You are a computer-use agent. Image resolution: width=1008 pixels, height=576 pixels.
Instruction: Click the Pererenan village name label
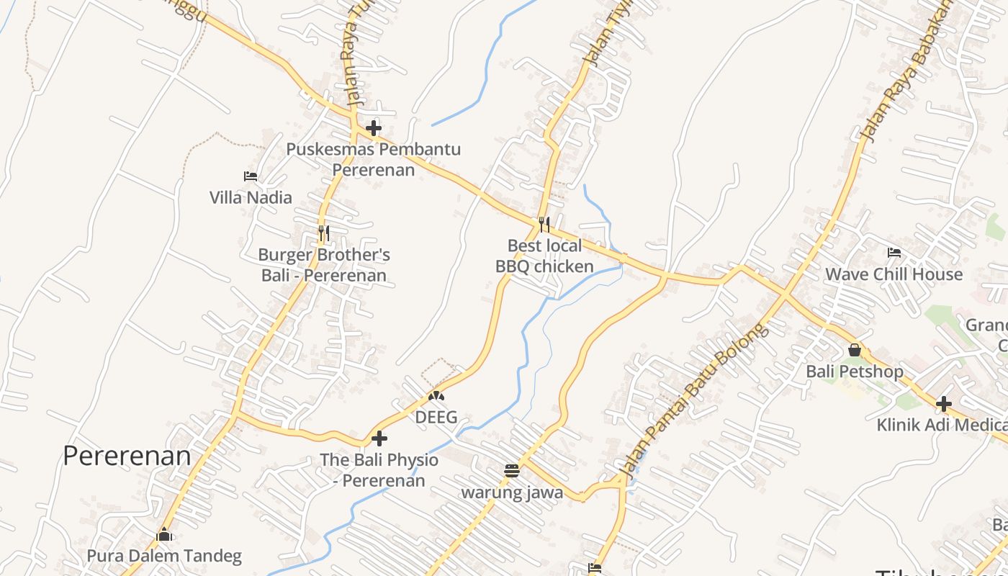(x=127, y=456)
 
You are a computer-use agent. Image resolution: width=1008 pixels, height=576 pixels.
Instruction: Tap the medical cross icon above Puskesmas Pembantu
(x=374, y=129)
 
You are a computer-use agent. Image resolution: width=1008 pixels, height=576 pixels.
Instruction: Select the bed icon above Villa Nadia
(x=251, y=176)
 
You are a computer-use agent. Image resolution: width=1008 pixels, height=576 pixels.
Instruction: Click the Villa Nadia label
(x=251, y=197)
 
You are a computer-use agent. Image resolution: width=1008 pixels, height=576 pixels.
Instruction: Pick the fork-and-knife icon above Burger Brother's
(x=324, y=233)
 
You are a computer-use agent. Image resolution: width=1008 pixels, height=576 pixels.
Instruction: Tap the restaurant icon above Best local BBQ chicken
(x=544, y=225)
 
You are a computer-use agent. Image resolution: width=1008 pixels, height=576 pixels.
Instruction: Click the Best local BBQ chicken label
(x=544, y=256)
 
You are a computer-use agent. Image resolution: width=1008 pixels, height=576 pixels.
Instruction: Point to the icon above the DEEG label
(x=436, y=395)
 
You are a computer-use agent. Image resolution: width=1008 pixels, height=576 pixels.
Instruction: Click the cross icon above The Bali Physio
(x=379, y=438)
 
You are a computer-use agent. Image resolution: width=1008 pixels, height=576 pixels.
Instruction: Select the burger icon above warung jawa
(x=512, y=471)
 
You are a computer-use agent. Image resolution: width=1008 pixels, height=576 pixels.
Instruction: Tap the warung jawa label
(x=512, y=492)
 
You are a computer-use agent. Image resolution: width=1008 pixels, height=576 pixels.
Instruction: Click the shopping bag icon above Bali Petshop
(x=855, y=350)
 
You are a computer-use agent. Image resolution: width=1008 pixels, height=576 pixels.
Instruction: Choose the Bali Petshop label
(x=855, y=372)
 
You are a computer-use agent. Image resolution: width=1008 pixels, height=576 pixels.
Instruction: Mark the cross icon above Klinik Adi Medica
(x=944, y=403)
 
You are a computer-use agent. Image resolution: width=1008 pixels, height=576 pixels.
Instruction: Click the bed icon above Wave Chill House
(x=894, y=253)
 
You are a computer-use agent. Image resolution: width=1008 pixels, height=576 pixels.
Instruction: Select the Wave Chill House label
(x=894, y=274)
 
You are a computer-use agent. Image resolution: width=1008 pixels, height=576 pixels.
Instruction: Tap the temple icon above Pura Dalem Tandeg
(x=165, y=535)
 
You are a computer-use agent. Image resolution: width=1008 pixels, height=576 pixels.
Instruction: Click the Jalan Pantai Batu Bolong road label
(x=694, y=403)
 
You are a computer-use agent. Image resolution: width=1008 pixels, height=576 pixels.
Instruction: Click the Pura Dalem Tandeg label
(x=164, y=556)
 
